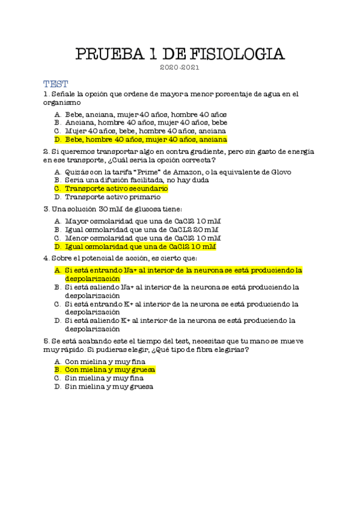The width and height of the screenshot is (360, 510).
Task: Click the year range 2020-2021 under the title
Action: [x=180, y=68]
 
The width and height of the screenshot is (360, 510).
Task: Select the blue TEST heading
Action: [x=55, y=84]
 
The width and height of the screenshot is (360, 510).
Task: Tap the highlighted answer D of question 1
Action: [x=145, y=139]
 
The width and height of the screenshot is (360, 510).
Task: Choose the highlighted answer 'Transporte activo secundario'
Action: [x=116, y=188]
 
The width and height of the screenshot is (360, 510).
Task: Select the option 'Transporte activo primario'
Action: [x=112, y=197]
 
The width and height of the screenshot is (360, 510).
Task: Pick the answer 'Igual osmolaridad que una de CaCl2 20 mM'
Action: [x=142, y=230]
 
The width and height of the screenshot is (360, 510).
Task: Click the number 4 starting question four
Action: [x=46, y=259]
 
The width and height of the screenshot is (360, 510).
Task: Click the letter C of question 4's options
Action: [x=57, y=304]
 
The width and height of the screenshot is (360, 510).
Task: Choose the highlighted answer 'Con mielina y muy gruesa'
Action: [x=110, y=369]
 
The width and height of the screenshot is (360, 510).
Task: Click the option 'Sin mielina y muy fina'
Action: [x=104, y=378]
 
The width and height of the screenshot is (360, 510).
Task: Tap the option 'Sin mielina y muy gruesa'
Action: [x=109, y=387]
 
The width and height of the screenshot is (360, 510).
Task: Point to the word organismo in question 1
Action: [x=63, y=103]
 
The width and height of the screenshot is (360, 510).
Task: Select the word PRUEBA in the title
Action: [x=109, y=54]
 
